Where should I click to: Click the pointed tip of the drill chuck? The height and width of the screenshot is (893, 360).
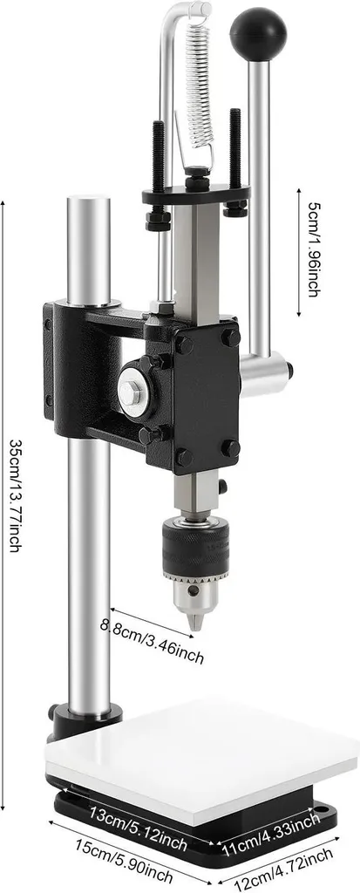click(x=195, y=624)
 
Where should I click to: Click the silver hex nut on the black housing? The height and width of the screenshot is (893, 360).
click(x=129, y=391)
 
